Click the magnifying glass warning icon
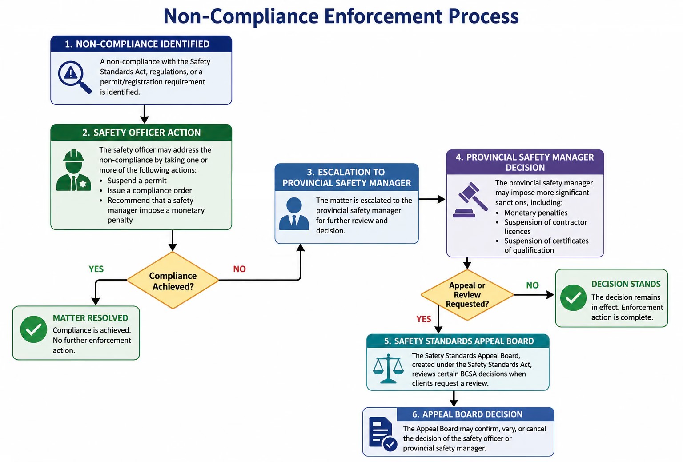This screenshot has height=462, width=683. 74,77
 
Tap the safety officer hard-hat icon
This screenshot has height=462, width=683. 73,170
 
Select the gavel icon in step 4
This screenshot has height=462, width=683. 470,200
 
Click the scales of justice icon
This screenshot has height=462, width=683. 388,368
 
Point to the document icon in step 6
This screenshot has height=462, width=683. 383,434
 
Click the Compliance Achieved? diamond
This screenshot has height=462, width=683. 173,280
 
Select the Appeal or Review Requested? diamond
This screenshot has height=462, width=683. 467,295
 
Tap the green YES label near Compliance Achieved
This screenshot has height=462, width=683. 96,269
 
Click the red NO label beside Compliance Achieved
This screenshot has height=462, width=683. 239,269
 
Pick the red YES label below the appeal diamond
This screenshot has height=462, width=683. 423,319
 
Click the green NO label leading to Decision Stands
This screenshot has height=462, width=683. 532,285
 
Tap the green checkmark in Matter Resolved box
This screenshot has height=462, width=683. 33,329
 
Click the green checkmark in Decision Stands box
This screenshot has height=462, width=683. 573,297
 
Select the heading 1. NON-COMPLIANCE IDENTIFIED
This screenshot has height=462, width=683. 137,44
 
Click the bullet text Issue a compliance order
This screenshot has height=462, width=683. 150,190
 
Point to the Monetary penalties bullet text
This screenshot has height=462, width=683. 536,213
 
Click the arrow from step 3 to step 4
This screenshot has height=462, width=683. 432,199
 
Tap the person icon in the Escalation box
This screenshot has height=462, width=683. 294,214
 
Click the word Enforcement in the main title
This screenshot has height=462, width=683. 383,16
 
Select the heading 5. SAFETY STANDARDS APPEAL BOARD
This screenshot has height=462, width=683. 459,341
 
